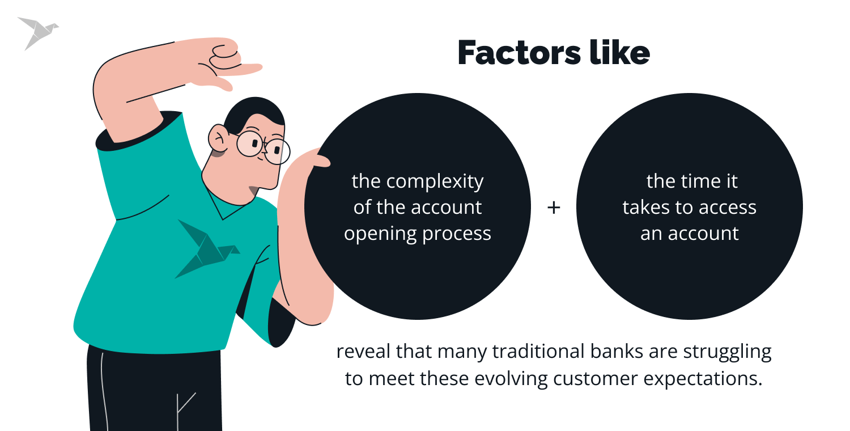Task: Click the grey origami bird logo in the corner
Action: pyautogui.click(x=37, y=32)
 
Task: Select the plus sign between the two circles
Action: pyautogui.click(x=554, y=208)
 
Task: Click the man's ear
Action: pyautogui.click(x=218, y=138)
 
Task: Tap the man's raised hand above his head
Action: pyautogui.click(x=227, y=62)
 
